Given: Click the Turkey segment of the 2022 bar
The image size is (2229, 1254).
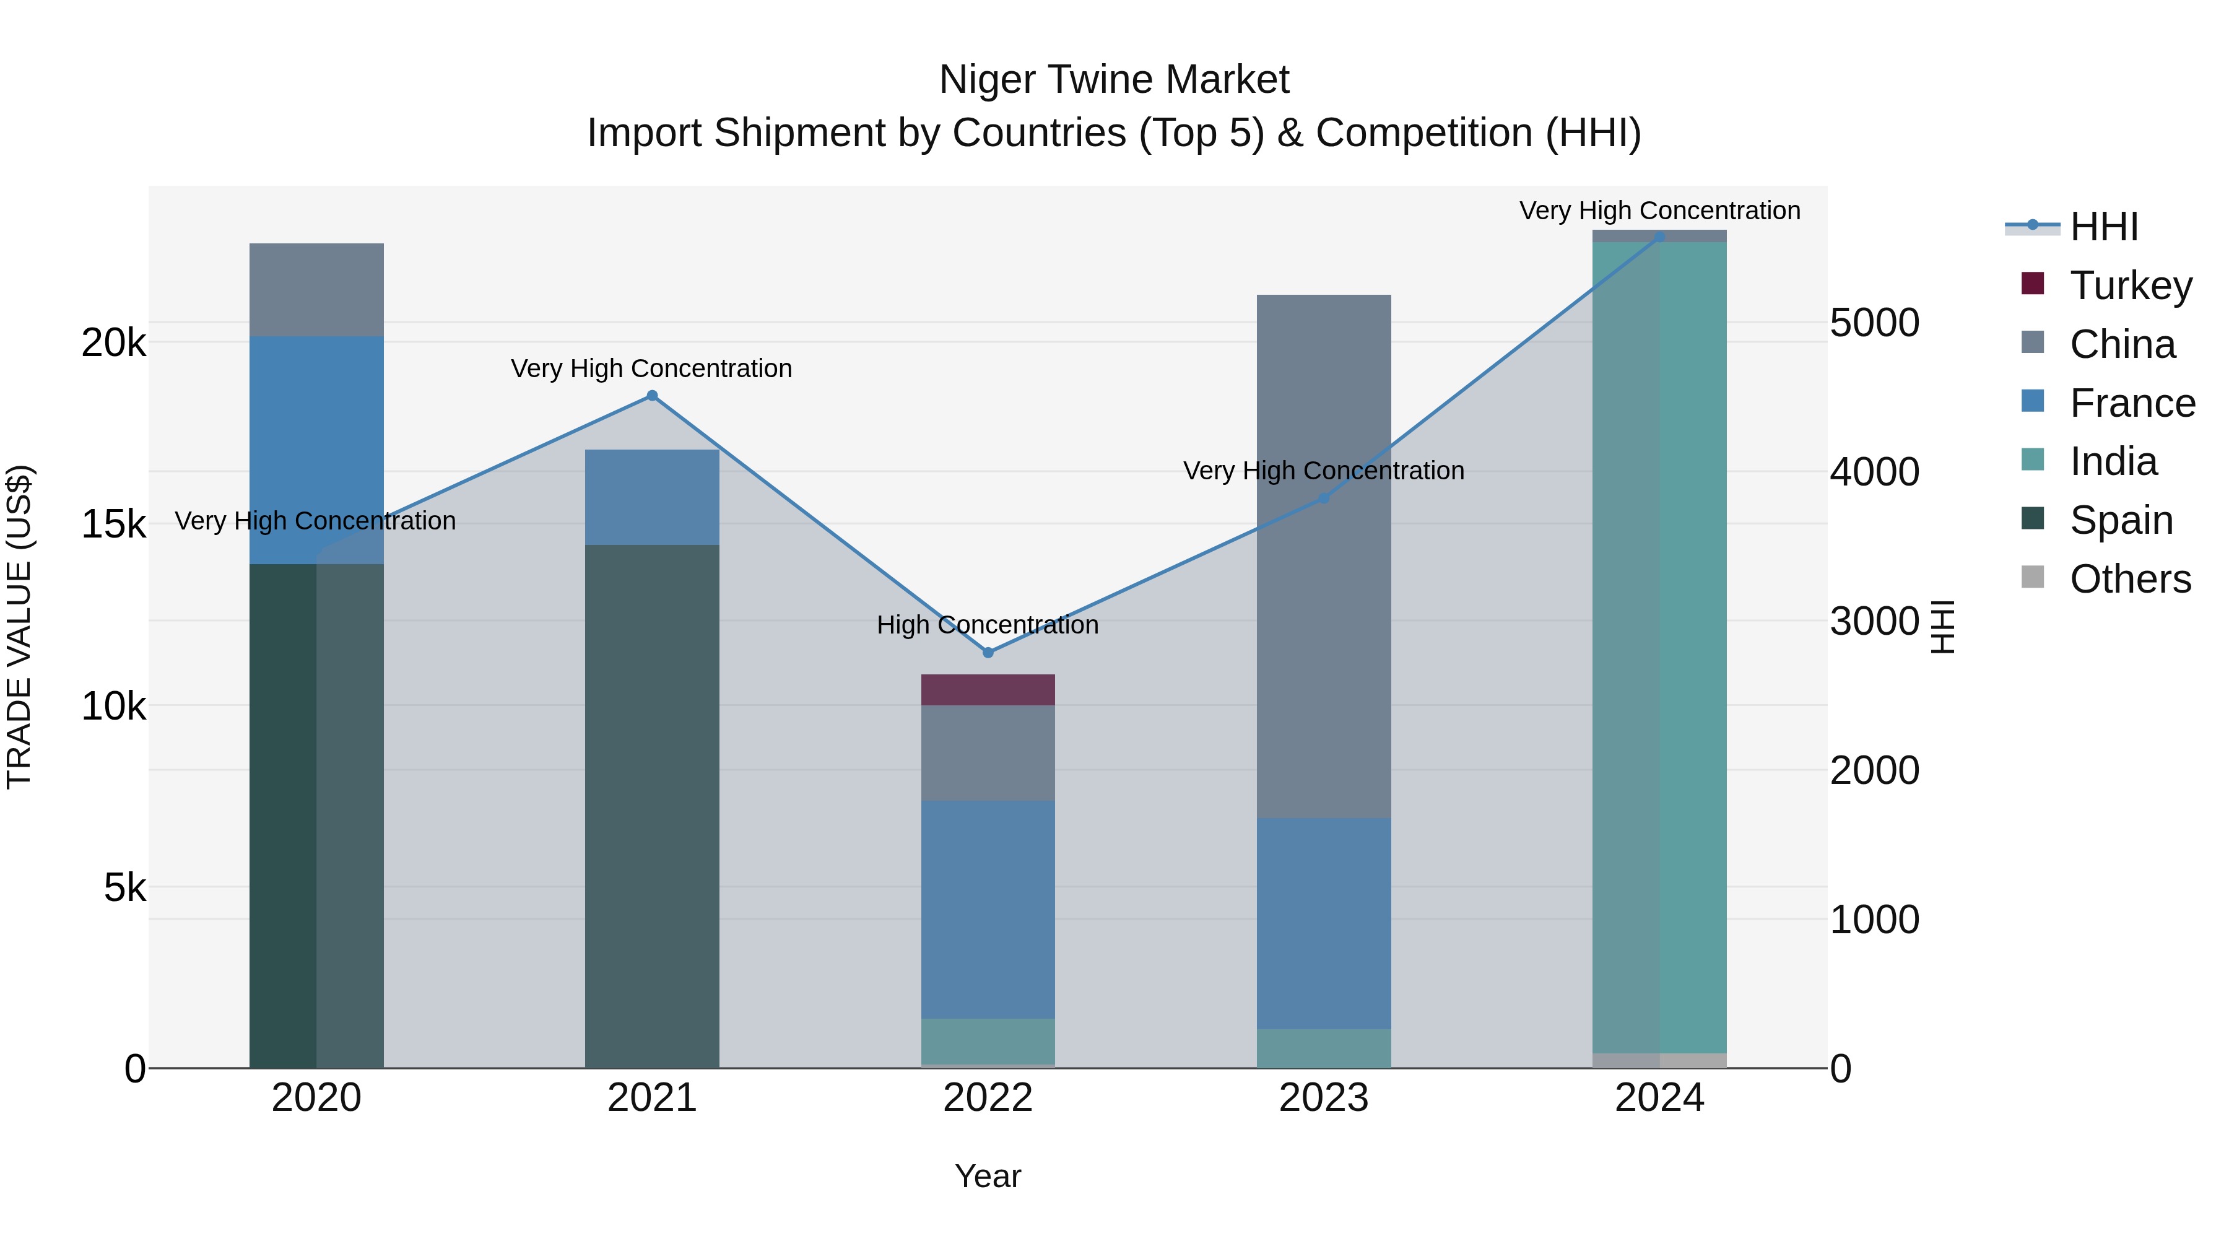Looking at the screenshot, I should (x=988, y=690).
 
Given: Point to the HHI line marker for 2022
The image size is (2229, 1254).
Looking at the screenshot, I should (x=988, y=653).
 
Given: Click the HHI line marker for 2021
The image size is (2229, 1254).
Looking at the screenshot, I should (x=653, y=396).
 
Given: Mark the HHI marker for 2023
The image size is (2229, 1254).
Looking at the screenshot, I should (x=1323, y=499).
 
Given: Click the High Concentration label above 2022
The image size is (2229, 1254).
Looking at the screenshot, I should (x=988, y=625).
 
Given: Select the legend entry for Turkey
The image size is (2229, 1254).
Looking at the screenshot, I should (x=2131, y=285).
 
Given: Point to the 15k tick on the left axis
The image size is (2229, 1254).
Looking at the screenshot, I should (x=113, y=525).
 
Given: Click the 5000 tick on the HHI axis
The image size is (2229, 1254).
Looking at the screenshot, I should (x=1874, y=323).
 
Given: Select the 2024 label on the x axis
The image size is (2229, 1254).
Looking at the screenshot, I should (x=1659, y=1098).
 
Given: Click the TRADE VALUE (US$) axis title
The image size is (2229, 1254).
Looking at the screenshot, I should (x=19, y=627).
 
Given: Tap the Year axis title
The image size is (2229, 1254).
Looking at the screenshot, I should (x=988, y=1176).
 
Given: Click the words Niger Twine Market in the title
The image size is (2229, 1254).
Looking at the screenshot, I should (x=1114, y=80).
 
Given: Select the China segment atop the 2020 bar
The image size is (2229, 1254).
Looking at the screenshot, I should (x=316, y=290).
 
